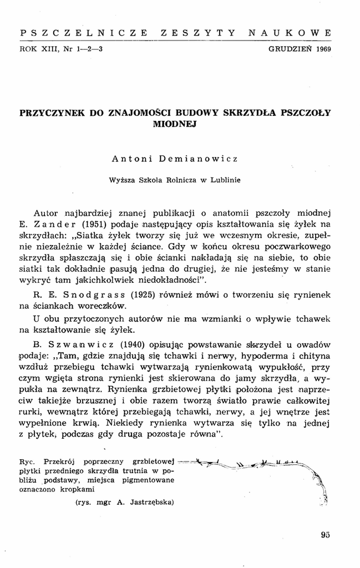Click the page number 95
[326, 535]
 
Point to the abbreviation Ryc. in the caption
[27, 461]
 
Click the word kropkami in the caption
[78, 489]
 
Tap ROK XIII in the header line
[36, 49]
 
